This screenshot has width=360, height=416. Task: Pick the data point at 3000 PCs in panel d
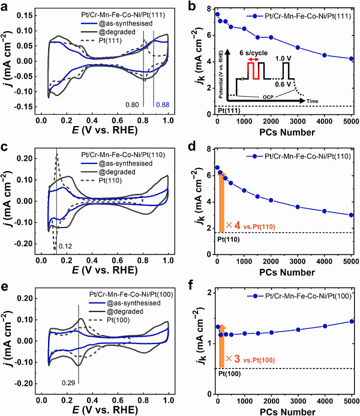(x=298, y=206)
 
